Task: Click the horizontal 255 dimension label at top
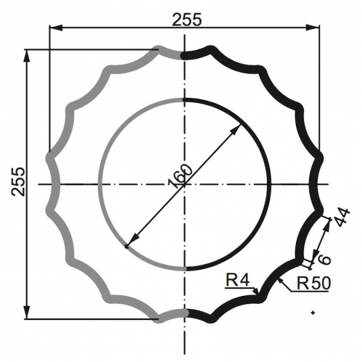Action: coord(186,20)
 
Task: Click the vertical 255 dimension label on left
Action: coord(18,181)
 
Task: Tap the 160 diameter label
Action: coord(181,176)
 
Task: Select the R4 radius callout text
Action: coord(237,280)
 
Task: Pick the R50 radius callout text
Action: coord(313,283)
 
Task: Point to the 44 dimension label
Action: coord(342,217)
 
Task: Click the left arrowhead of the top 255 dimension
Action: coord(56,28)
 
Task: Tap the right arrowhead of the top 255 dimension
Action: coord(313,28)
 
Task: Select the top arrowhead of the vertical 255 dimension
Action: coord(27,57)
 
